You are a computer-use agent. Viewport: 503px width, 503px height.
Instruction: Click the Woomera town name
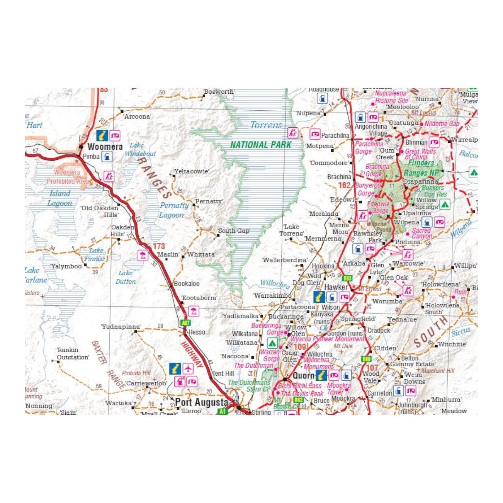pyautogui.click(x=105, y=146)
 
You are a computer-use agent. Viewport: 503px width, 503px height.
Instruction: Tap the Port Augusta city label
pyautogui.click(x=202, y=402)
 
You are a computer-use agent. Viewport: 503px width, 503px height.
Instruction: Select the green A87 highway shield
pyautogui.click(x=186, y=323)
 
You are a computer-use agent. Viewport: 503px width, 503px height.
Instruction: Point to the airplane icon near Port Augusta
pyautogui.click(x=188, y=368)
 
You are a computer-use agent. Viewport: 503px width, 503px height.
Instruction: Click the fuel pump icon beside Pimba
pyautogui.click(x=107, y=156)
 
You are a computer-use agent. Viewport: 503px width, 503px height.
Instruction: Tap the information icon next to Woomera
pyautogui.click(x=102, y=135)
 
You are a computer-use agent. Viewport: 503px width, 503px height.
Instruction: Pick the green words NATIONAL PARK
pyautogui.click(x=261, y=145)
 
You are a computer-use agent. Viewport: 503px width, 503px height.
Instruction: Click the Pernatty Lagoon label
pyautogui.click(x=174, y=210)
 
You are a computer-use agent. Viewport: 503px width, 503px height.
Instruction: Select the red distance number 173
pyautogui.click(x=158, y=246)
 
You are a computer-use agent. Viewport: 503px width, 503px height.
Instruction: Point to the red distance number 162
pyautogui.click(x=344, y=185)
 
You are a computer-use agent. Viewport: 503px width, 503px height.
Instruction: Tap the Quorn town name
pyautogui.click(x=303, y=376)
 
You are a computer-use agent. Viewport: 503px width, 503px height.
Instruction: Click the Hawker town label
pyautogui.click(x=336, y=287)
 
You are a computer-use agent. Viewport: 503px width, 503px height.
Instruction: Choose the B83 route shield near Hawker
pyautogui.click(x=347, y=278)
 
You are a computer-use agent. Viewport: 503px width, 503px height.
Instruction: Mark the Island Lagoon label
pyautogui.click(x=60, y=198)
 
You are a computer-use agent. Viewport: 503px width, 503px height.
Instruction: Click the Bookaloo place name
pyautogui.click(x=186, y=284)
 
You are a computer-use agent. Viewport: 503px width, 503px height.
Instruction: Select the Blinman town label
pyautogui.click(x=416, y=142)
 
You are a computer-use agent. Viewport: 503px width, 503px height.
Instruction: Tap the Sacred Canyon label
pyautogui.click(x=421, y=233)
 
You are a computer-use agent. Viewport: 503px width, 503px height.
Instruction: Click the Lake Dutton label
pyautogui.click(x=125, y=277)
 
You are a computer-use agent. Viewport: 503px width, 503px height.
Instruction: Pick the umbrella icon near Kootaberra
pyautogui.click(x=194, y=312)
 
